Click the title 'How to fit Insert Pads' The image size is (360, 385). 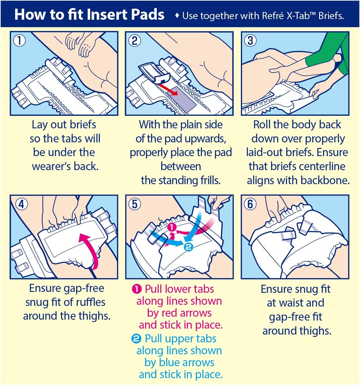tap(89, 14)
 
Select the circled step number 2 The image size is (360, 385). tap(135, 40)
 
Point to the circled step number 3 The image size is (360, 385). tap(250, 40)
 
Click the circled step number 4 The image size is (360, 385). tap(21, 204)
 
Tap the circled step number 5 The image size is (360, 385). tap(135, 204)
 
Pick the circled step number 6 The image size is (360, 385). tap(250, 204)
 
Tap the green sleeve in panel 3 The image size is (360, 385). tap(328, 54)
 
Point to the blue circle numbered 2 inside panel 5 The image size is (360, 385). tap(189, 247)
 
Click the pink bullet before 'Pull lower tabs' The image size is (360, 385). tap(136, 289)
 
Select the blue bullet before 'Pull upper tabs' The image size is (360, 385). tap(136, 338)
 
